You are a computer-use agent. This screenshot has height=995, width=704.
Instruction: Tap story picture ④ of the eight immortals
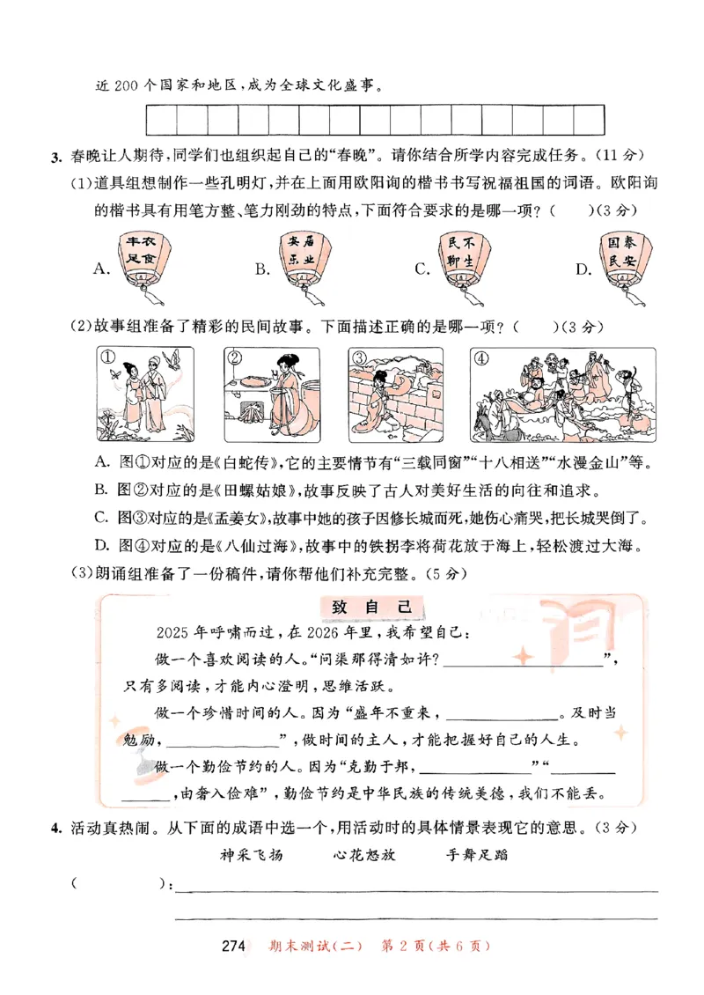(563, 392)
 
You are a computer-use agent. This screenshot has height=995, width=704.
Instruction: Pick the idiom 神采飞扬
(251, 853)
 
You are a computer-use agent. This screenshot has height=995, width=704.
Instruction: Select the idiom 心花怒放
(364, 853)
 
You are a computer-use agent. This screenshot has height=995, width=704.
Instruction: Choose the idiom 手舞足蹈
(477, 853)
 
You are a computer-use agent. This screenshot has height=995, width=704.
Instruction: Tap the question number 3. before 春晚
(55, 158)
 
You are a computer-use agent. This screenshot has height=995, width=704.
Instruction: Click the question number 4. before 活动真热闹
(55, 829)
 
